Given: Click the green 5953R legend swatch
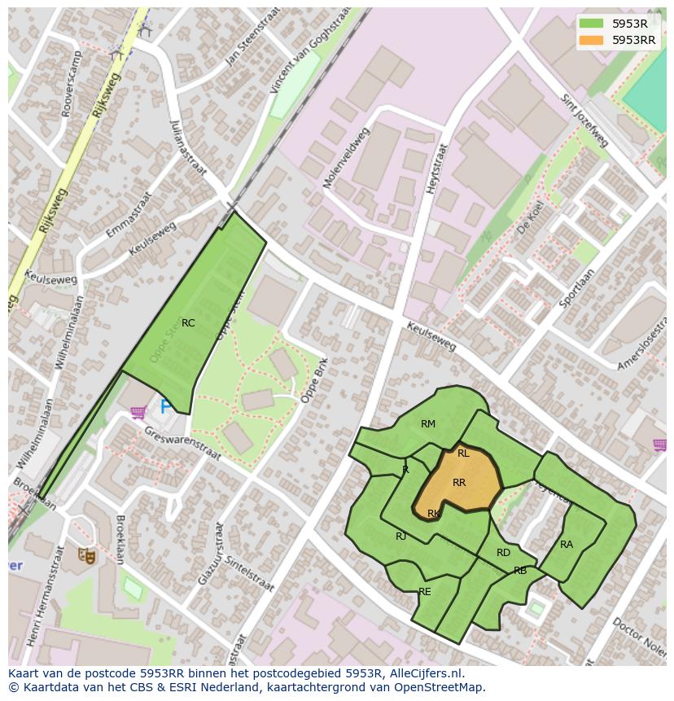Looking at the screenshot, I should (x=592, y=24).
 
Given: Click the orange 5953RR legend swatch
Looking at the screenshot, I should (x=592, y=40).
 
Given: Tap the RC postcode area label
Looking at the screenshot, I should (x=188, y=323).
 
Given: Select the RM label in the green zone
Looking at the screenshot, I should (x=428, y=424).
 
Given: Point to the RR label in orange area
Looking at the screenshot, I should (x=459, y=483).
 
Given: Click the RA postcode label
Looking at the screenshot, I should (x=567, y=545).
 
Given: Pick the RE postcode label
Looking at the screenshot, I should (x=425, y=592).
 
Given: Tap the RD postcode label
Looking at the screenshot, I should (x=503, y=553).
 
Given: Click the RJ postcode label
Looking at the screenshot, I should (x=400, y=537).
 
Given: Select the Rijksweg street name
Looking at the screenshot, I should (x=107, y=96).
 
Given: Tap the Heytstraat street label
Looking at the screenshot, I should (x=437, y=169).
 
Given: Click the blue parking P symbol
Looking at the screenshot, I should (x=165, y=406).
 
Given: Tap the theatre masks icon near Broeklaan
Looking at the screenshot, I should (x=87, y=556).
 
